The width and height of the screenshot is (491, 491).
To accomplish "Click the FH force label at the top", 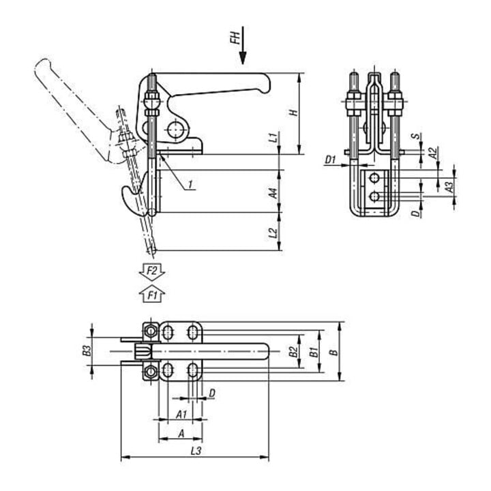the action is pyautogui.click(x=236, y=37).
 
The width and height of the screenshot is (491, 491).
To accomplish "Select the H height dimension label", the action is pyautogui.click(x=293, y=113).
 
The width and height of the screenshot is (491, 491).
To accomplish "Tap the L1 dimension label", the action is pyautogui.click(x=274, y=137).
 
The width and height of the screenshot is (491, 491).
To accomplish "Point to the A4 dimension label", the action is pyautogui.click(x=274, y=192).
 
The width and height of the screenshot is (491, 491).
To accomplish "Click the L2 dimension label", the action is pyautogui.click(x=274, y=233).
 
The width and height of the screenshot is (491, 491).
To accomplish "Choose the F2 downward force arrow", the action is pyautogui.click(x=152, y=271).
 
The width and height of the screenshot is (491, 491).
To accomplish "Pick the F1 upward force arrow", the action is pyautogui.click(x=152, y=294).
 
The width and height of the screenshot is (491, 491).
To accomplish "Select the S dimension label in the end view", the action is pyautogui.click(x=415, y=136).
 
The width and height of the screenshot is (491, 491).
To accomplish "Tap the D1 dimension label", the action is pyautogui.click(x=331, y=160).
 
